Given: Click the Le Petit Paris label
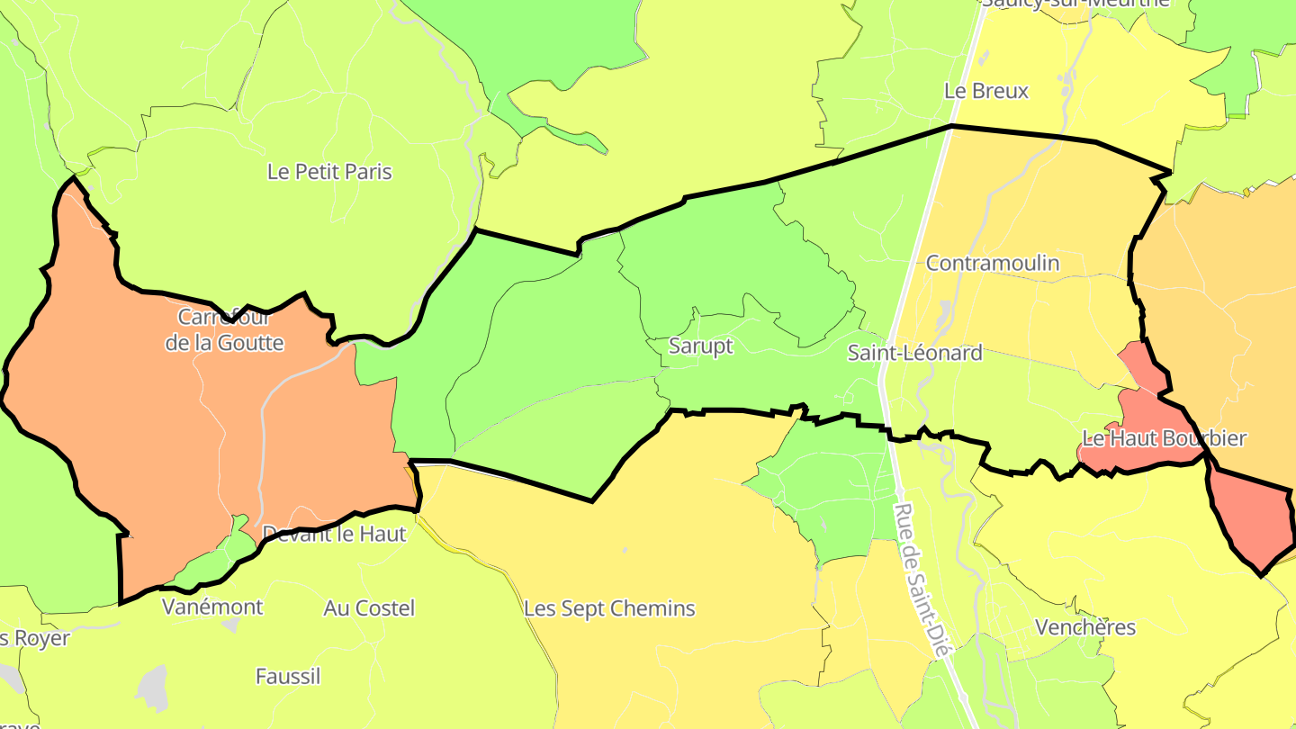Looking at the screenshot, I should [x=329, y=171].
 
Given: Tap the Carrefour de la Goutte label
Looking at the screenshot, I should [x=225, y=329].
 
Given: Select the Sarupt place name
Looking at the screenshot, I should [x=701, y=346].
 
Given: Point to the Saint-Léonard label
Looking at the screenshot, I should [x=914, y=353].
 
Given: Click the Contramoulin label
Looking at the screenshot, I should [x=992, y=263].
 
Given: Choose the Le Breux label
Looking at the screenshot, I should [x=985, y=91].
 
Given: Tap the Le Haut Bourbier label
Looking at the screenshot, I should [x=1164, y=438].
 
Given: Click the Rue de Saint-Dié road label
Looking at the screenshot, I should [x=922, y=580].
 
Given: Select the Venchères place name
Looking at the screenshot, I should [x=1084, y=627].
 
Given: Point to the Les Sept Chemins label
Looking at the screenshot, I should [x=609, y=608].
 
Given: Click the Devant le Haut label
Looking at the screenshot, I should [x=334, y=534].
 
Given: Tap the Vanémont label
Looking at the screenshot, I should [x=212, y=607].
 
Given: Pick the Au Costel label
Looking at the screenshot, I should [x=369, y=608].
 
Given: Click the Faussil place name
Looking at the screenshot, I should [x=288, y=676].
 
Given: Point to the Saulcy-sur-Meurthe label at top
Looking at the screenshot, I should [x=1075, y=3].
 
